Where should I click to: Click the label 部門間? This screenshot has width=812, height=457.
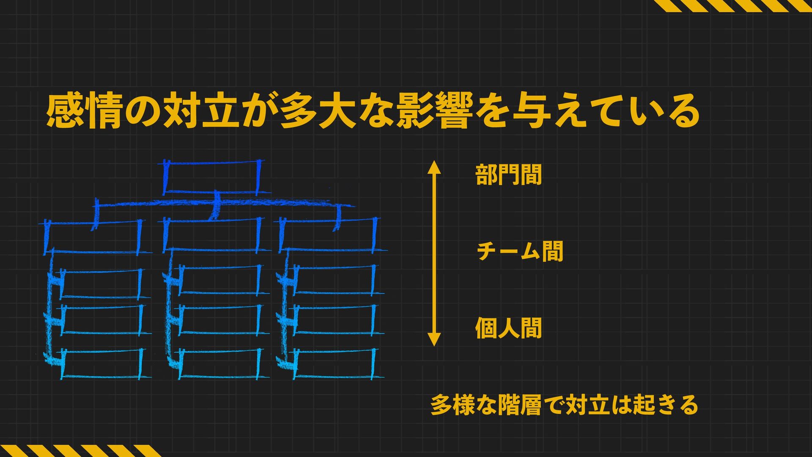tap(508, 175)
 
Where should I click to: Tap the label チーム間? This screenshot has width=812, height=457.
tap(520, 251)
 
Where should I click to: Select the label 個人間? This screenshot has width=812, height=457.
tap(508, 328)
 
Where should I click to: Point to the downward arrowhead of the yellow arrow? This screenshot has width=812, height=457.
tap(434, 339)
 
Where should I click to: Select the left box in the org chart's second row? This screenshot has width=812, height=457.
tap(93, 237)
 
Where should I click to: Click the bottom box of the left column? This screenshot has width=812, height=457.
tap(101, 364)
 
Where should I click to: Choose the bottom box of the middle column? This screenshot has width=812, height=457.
tap(220, 364)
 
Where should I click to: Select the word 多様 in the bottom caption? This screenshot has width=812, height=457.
tap(452, 405)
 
